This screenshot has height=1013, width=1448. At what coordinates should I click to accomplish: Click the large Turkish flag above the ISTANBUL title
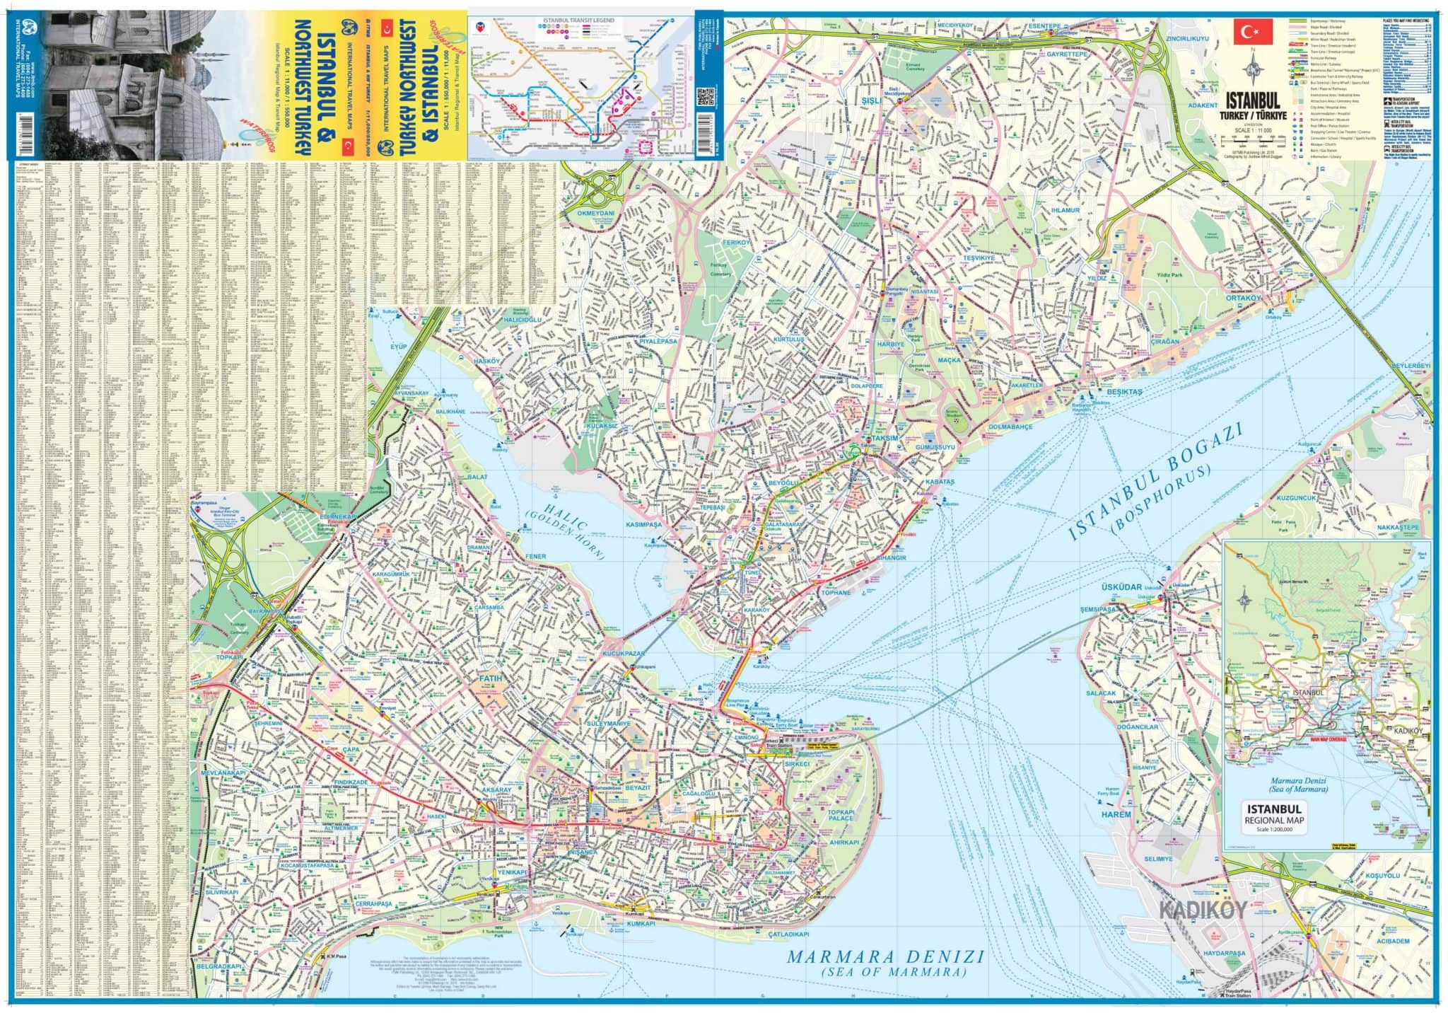point(1253,31)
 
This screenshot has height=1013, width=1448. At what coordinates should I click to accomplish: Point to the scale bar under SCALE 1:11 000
point(1252,144)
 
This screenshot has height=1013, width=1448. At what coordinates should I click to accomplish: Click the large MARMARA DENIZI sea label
point(885,956)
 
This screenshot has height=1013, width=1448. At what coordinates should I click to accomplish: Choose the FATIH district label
point(491,678)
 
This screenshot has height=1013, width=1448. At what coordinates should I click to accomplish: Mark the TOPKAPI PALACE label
point(841,814)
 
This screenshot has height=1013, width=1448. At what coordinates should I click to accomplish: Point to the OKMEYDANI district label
point(596,213)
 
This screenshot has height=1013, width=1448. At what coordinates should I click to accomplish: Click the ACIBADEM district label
point(1392,941)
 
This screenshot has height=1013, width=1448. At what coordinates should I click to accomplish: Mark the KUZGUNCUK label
point(1296,497)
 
